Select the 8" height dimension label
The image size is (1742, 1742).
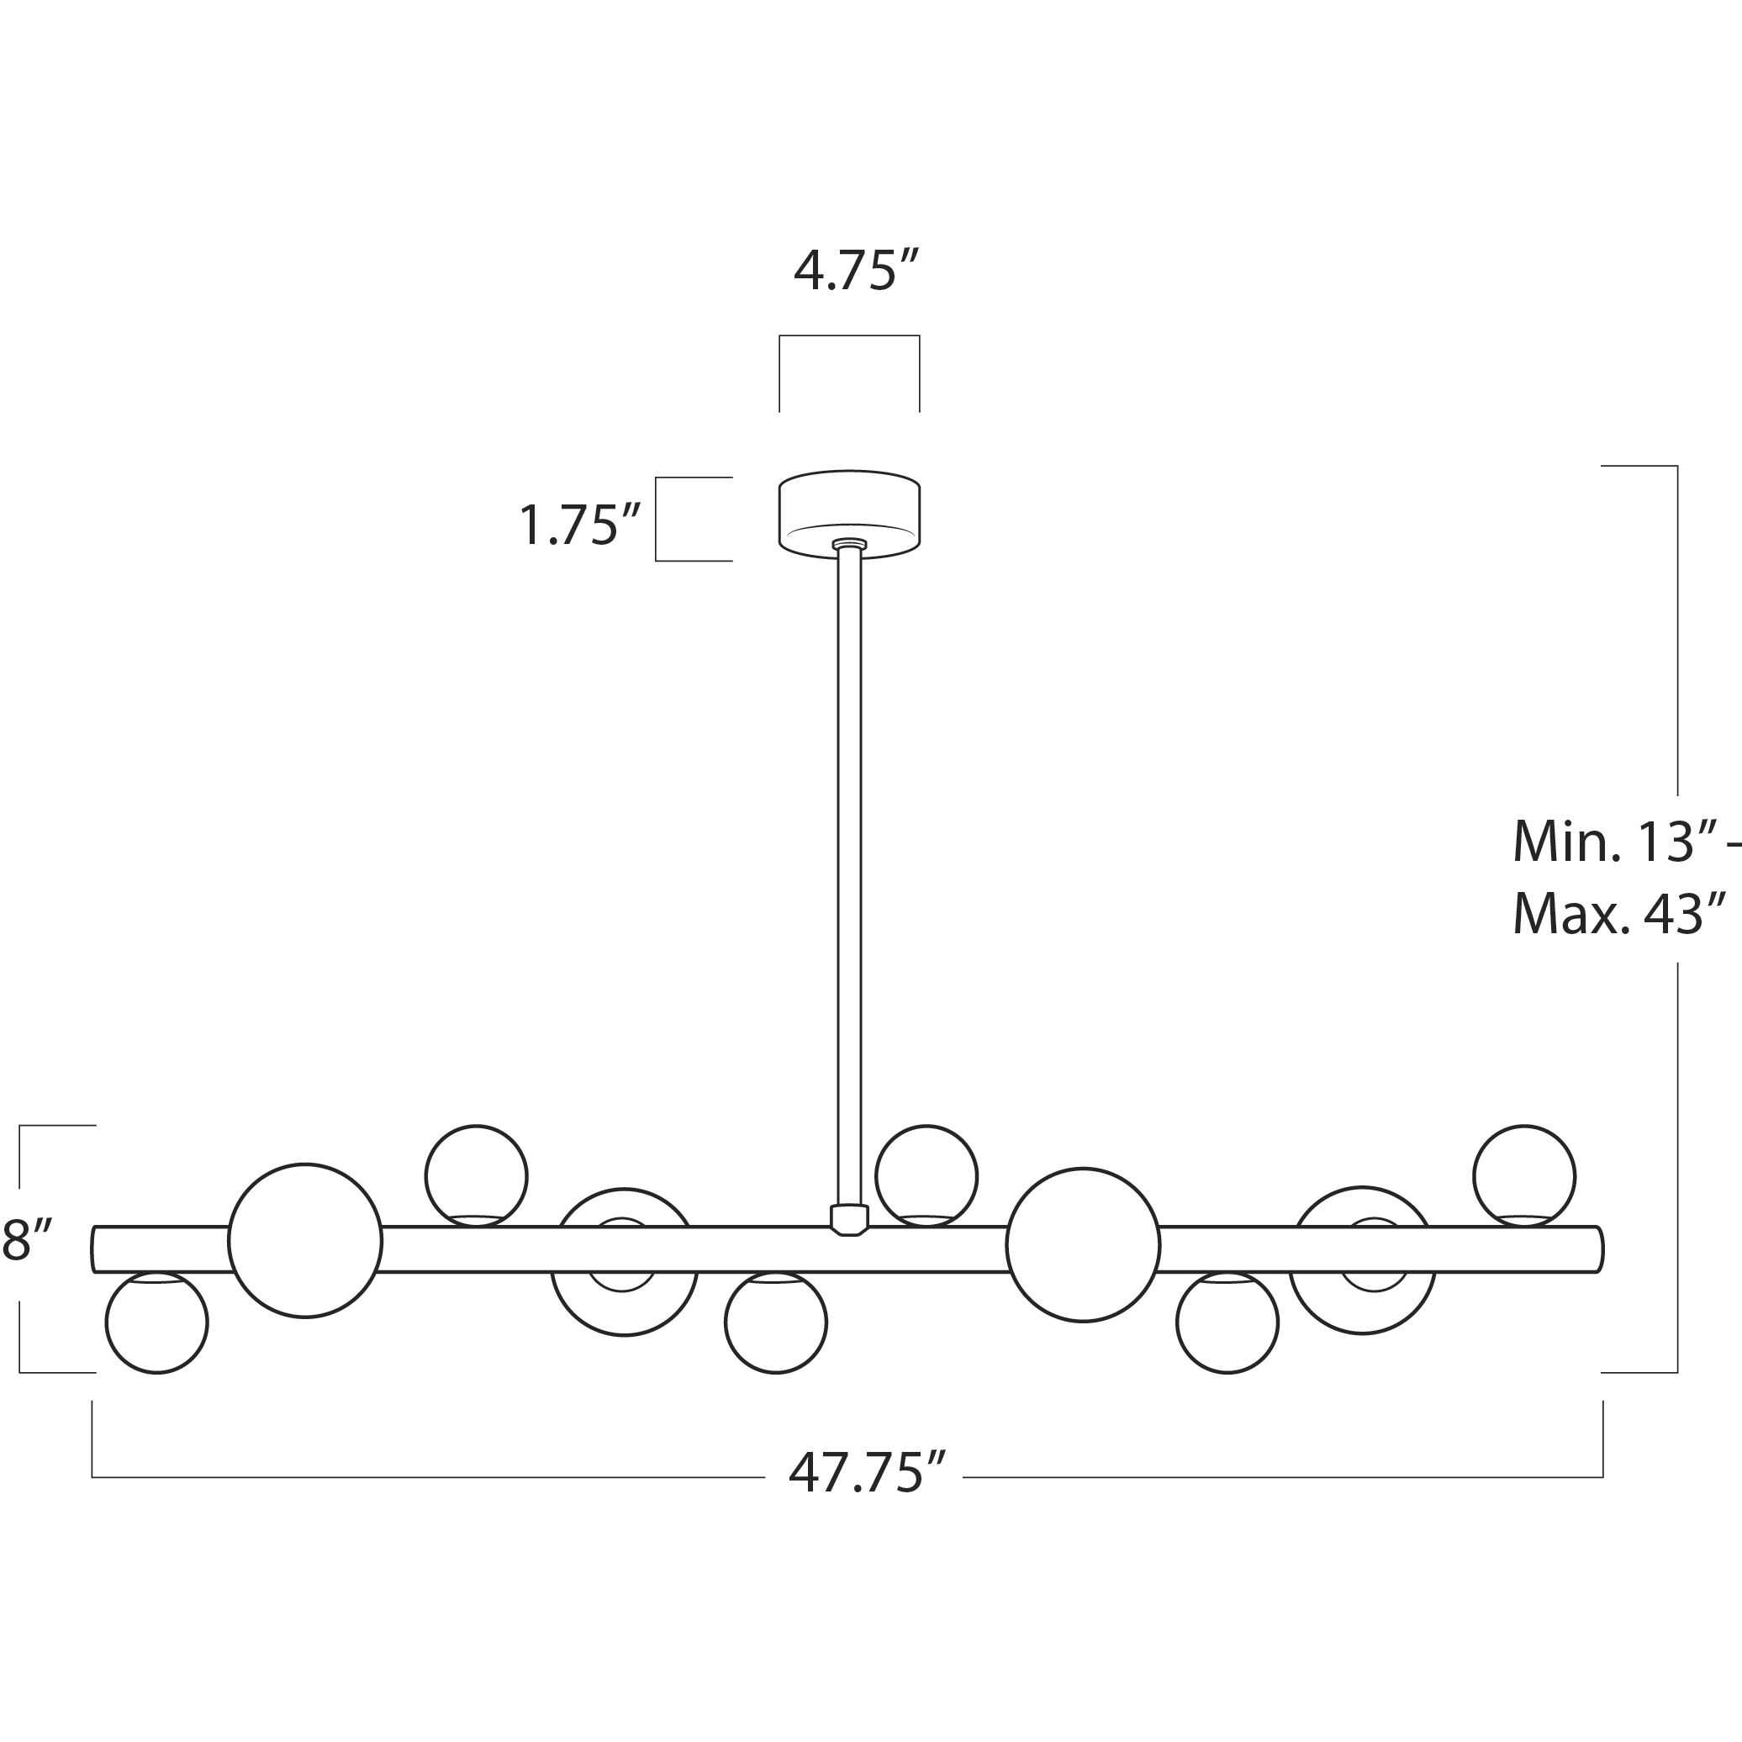pyautogui.click(x=28, y=1241)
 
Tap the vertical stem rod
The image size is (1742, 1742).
pyautogui.click(x=849, y=874)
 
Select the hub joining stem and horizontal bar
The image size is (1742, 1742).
pyautogui.click(x=848, y=1219)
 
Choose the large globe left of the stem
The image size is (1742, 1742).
pyautogui.click(x=306, y=1241)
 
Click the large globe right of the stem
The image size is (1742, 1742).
pyautogui.click(x=1083, y=1245)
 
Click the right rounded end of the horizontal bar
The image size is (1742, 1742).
pyautogui.click(x=1597, y=1249)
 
